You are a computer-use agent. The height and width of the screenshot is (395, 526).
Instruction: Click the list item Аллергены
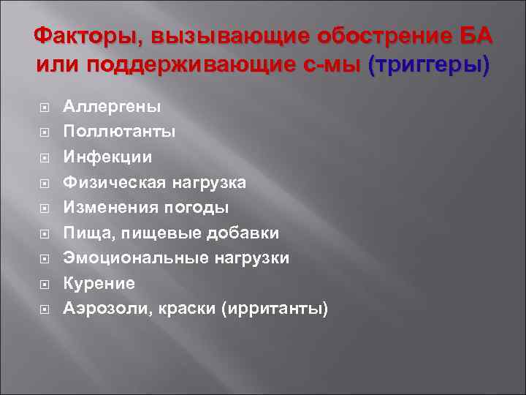[x=112, y=107]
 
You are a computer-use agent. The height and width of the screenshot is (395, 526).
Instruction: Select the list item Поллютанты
[x=119, y=132]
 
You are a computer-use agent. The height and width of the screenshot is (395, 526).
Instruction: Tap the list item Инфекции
[x=108, y=157]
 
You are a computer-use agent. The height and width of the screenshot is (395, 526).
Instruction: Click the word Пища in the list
[x=83, y=233]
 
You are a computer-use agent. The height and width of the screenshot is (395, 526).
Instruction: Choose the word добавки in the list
[x=242, y=233]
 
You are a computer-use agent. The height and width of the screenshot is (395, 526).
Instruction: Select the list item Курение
[x=99, y=282]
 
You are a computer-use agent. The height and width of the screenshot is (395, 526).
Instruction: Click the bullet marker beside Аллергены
[x=45, y=108]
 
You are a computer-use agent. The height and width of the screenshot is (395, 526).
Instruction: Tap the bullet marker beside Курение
[x=45, y=283]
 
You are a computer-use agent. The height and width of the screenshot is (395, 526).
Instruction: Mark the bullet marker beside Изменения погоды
[x=45, y=208]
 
